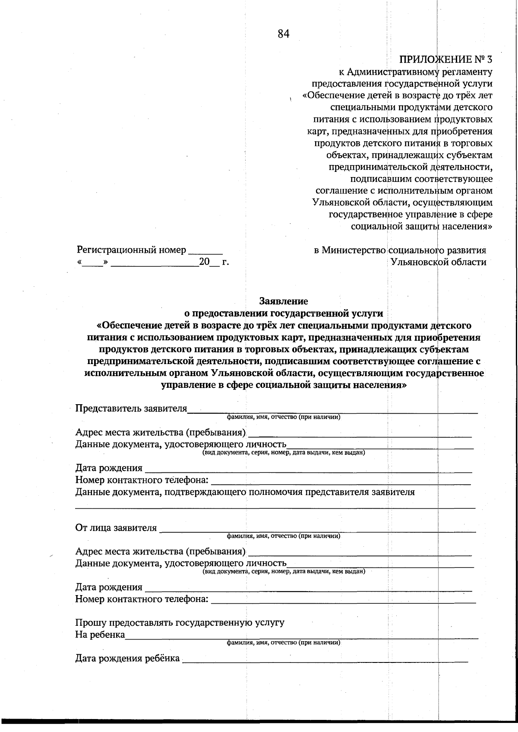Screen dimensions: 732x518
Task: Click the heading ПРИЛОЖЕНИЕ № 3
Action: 445,60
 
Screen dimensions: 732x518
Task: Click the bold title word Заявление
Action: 284,301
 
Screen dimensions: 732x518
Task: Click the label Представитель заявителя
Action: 131,409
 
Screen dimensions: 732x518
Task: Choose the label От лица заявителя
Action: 116,528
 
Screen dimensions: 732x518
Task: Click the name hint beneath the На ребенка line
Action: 284,643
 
